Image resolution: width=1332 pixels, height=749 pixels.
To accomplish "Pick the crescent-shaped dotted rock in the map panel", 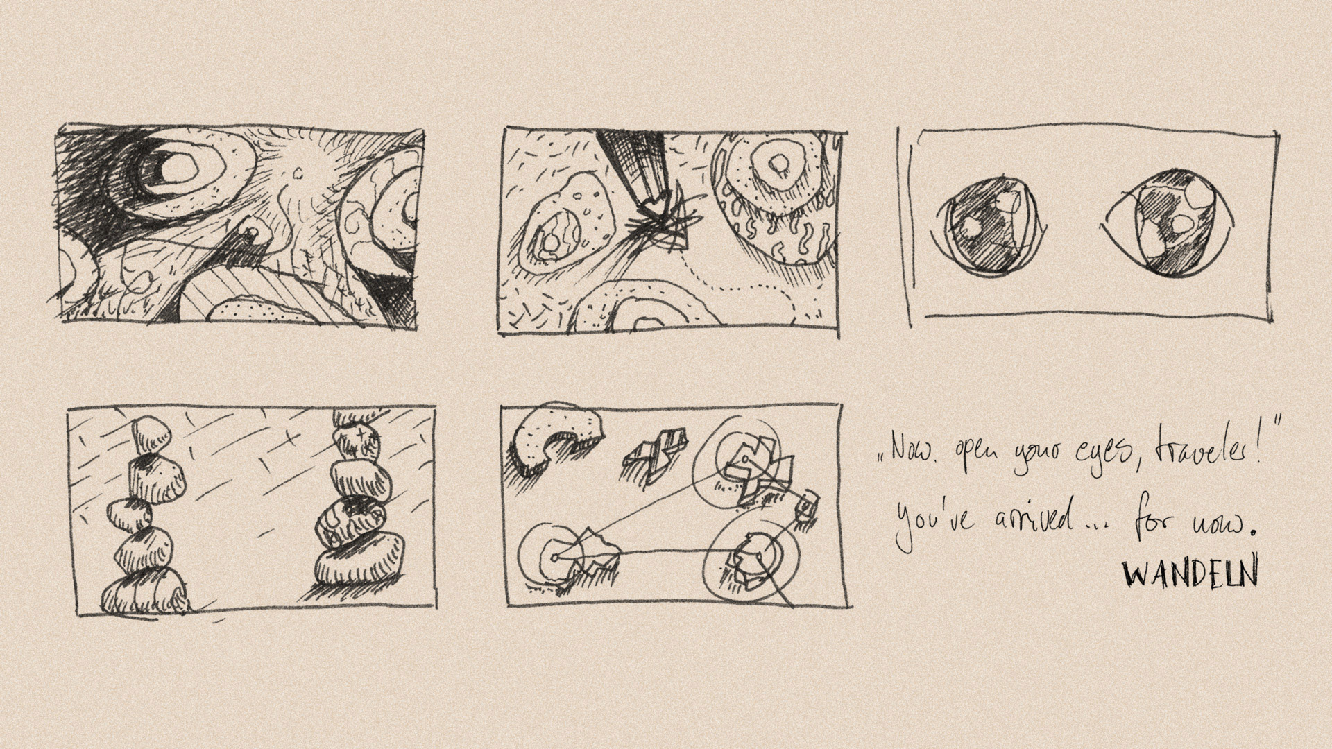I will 548,438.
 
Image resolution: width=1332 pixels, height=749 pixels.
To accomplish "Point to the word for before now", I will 1155,522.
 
